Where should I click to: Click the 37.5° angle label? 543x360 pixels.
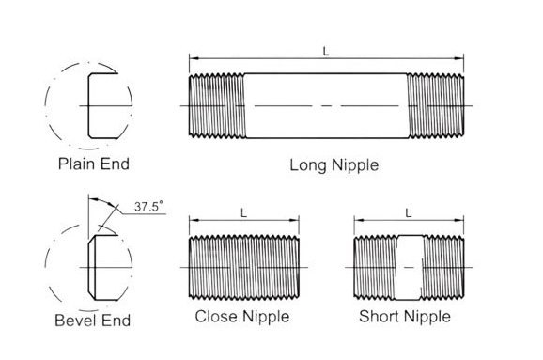coord(148,207)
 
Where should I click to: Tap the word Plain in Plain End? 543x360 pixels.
coord(75,164)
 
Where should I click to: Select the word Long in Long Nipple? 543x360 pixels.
coord(307,165)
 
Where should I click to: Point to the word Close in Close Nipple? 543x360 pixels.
coord(217,317)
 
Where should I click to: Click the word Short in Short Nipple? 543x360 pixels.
coord(380,317)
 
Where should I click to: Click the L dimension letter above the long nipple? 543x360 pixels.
coord(326,52)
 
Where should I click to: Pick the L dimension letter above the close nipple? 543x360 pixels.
coord(244,213)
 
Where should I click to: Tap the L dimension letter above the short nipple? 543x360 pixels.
coord(409,213)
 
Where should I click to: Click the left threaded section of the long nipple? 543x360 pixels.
coord(217,105)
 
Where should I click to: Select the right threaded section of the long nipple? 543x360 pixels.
coord(436,105)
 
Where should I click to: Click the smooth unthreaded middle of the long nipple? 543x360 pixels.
coord(326,105)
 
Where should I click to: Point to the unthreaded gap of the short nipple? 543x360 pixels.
coord(409,268)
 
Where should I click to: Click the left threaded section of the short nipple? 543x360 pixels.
coord(376,268)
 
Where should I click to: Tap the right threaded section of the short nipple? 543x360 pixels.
coord(442,268)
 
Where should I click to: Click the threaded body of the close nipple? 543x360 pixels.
coord(244,268)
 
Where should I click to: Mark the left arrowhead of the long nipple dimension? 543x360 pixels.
coord(194,58)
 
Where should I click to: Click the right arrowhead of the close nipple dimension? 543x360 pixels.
coord(295,220)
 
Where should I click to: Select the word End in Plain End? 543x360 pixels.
coord(116,164)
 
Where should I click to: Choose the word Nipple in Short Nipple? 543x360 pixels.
coord(427,317)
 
